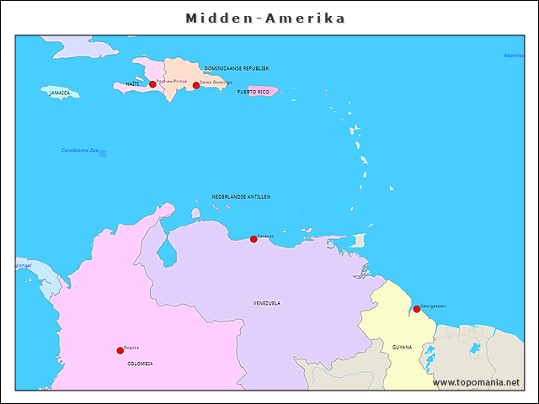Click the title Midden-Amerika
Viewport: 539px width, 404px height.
(x=265, y=19)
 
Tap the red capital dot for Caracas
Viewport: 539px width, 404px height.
(x=253, y=240)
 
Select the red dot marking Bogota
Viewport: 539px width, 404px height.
(x=120, y=351)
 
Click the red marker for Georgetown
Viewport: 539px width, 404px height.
(x=416, y=309)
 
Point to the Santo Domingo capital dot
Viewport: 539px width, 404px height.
(x=196, y=85)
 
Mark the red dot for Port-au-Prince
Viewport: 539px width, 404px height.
(x=152, y=84)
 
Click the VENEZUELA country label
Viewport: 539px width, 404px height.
(x=267, y=303)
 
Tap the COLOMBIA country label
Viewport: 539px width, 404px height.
(x=140, y=364)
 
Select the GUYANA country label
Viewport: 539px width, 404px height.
(x=402, y=347)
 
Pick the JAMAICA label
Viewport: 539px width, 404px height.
(x=59, y=93)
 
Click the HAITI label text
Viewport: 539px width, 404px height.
(x=132, y=84)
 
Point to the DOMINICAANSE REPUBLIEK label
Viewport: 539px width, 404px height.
(x=237, y=68)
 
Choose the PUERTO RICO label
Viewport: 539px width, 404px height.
(x=253, y=92)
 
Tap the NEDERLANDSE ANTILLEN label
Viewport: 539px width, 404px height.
(x=241, y=197)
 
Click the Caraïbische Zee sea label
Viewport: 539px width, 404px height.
(x=79, y=151)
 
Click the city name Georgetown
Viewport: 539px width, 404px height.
(x=433, y=306)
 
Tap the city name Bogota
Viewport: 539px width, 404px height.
(x=131, y=348)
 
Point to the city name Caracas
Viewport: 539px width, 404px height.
(x=265, y=237)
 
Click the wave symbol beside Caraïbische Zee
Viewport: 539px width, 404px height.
(x=103, y=152)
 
